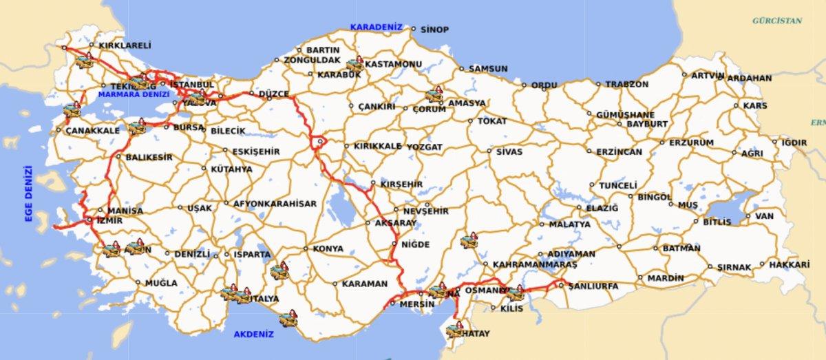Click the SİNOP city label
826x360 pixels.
click(434, 30)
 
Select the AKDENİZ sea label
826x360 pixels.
click(253, 334)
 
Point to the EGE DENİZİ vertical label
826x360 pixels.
click(29, 193)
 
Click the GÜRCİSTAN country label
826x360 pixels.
click(777, 21)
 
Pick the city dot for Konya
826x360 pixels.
click(306, 248)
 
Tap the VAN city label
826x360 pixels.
click(765, 216)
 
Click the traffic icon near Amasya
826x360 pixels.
click(434, 95)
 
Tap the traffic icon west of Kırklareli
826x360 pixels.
click(84, 62)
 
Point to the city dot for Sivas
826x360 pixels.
click(490, 151)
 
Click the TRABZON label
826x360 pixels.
click(626, 84)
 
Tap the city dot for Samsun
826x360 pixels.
click(463, 69)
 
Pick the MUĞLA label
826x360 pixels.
click(161, 283)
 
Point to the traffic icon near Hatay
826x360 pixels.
click(454, 330)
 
